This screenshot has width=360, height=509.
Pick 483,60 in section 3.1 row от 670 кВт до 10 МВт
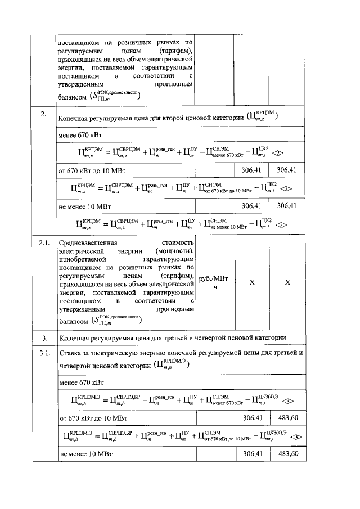[x=287, y=418]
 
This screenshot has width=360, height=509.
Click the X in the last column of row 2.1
[x=287, y=282]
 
